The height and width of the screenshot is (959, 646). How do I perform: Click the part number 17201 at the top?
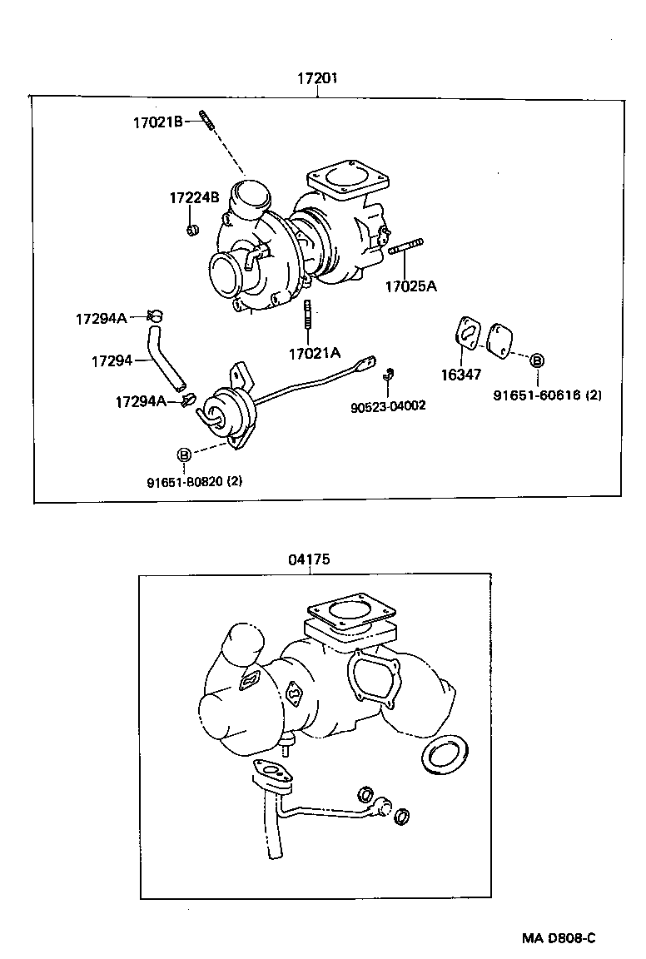[317, 79]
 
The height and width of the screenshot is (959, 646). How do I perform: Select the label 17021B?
[157, 122]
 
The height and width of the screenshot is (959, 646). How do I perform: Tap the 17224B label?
[194, 197]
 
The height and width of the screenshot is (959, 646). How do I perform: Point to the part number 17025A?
[410, 286]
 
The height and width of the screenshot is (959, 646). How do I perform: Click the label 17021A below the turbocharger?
[315, 353]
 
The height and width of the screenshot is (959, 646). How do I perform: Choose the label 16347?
[460, 375]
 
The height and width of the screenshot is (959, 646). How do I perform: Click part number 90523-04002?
[388, 405]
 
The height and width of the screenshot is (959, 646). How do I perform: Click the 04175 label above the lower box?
[310, 559]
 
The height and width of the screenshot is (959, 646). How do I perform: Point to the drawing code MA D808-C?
[559, 938]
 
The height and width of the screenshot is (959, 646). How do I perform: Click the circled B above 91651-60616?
[537, 360]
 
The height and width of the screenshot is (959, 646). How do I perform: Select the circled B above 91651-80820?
[184, 454]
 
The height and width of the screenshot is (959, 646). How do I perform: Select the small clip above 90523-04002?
[388, 374]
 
